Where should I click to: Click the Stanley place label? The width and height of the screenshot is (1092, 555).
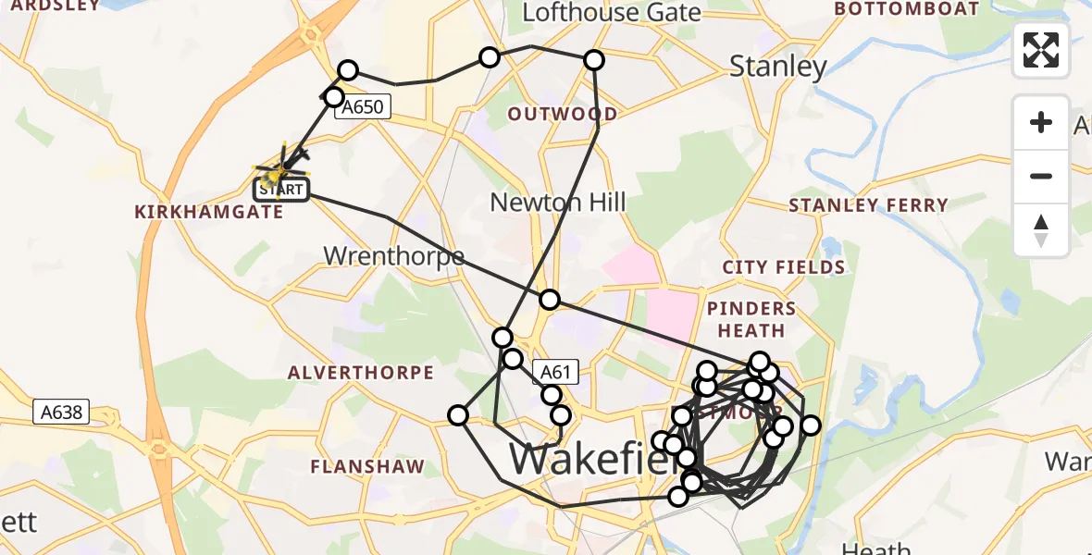(777, 67)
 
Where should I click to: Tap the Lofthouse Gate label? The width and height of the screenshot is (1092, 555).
(612, 13)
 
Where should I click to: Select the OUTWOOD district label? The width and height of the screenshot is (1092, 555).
(563, 115)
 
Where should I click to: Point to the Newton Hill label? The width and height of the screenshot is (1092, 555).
(558, 203)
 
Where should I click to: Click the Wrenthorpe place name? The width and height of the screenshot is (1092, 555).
(393, 256)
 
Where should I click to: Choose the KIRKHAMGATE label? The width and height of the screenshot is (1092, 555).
(209, 212)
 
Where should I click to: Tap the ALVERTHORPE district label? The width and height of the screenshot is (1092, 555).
(361, 373)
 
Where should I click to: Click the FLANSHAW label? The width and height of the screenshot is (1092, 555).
(368, 467)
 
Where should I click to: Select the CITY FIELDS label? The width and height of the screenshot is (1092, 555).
(784, 268)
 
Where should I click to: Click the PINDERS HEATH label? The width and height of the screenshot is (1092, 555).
(751, 319)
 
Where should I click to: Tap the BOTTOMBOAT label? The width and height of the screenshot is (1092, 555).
(907, 9)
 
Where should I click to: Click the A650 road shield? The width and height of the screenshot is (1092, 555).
(362, 107)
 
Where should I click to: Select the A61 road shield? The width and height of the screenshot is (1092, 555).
(554, 373)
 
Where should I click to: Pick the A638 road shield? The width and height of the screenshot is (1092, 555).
(62, 413)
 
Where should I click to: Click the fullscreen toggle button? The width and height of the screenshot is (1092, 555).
(1041, 50)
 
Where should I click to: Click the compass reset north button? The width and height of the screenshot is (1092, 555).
(1041, 230)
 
